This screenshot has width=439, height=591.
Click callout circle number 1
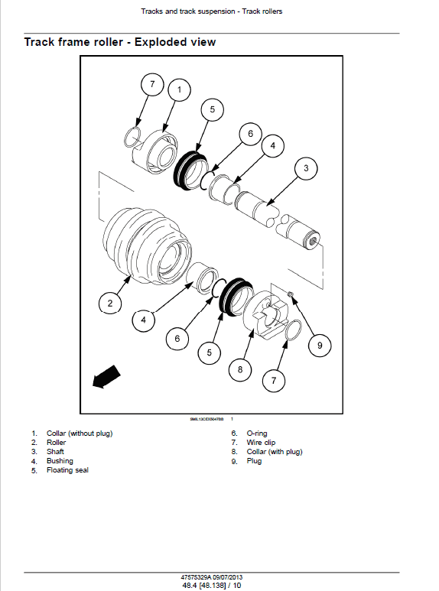point(179,90)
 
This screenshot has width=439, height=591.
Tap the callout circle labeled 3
point(306,168)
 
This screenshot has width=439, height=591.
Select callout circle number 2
point(110,304)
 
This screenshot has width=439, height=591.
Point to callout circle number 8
point(240,370)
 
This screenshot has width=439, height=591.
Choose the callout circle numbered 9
point(320,346)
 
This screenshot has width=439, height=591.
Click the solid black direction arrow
point(105,377)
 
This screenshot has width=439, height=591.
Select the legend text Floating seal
point(67,470)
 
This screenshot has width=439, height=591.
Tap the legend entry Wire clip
point(261,443)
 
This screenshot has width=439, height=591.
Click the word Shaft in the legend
point(56,452)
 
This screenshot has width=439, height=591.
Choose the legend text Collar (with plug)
point(274,452)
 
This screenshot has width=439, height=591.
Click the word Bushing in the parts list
point(60,461)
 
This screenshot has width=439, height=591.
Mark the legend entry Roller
point(57,443)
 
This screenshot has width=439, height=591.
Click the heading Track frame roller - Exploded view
point(120,42)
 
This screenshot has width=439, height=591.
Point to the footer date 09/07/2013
point(226,575)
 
